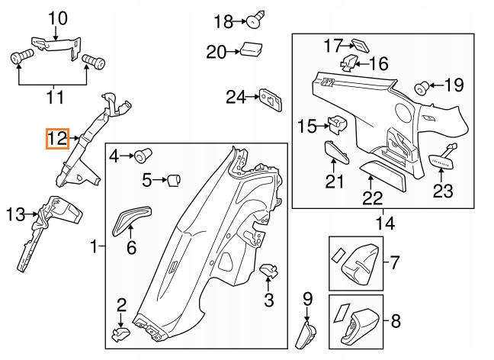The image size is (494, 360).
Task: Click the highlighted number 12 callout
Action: [57, 139]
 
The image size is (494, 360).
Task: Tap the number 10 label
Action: [58, 18]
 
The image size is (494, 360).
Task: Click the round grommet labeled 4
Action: [140, 158]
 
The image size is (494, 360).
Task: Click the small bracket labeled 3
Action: [269, 270]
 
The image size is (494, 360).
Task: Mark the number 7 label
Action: [395, 264]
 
